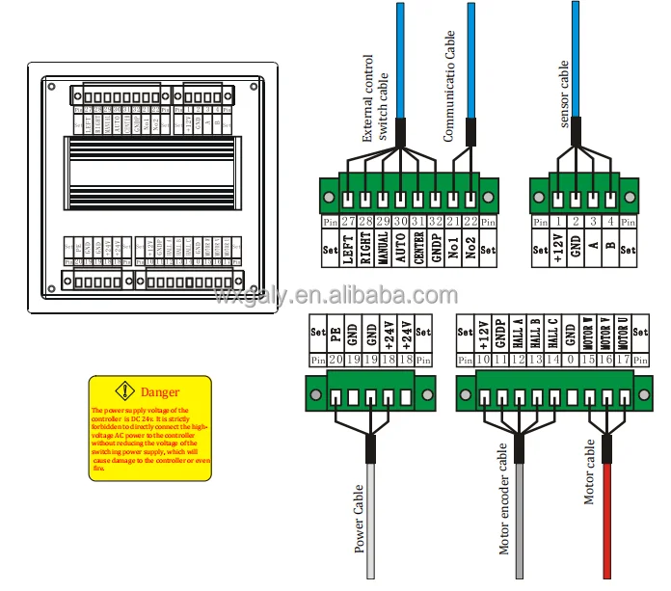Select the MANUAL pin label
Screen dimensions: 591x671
(x=384, y=249)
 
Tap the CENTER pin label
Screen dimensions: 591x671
(x=418, y=249)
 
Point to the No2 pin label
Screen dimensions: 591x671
(x=470, y=249)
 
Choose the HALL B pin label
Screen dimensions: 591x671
(x=534, y=334)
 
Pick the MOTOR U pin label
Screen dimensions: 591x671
(x=623, y=334)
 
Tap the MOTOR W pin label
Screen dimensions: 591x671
(x=587, y=334)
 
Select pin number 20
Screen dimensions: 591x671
(x=335, y=361)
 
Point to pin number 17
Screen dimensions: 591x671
(x=623, y=361)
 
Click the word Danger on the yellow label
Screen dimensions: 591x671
(x=160, y=393)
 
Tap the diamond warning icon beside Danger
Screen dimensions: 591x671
(x=125, y=392)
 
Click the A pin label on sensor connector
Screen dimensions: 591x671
(x=593, y=249)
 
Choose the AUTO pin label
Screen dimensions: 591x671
(x=401, y=249)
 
